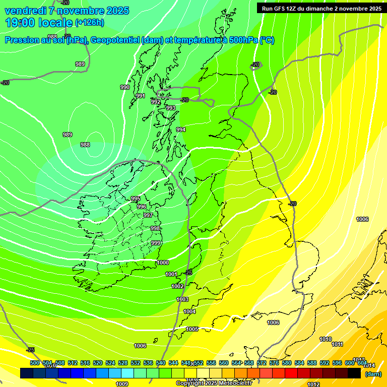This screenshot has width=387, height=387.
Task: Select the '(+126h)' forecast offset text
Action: tap(90, 23)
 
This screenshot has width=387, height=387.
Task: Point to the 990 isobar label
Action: tap(125, 87)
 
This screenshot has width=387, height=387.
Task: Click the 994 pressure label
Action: tap(181, 130)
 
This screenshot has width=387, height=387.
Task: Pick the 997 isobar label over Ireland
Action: tap(148, 215)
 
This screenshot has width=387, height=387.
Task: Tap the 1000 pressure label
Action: tap(163, 263)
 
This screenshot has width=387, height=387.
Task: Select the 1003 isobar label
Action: tap(182, 299)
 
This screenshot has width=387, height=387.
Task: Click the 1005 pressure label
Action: tap(192, 329)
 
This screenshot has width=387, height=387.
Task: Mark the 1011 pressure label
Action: tap(338, 345)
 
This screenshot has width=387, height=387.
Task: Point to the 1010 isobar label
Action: tap(326, 339)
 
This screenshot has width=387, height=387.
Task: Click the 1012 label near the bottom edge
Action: tap(313, 384)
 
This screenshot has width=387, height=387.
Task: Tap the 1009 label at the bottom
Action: tap(122, 384)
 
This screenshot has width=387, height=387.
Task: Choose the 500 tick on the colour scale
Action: tap(35, 363)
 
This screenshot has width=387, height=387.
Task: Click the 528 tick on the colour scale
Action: tap(123, 363)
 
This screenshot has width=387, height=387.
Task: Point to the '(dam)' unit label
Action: tap(373, 374)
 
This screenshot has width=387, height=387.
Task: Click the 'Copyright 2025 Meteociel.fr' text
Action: tap(214, 383)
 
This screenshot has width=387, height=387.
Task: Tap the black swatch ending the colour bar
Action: tap(354, 373)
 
